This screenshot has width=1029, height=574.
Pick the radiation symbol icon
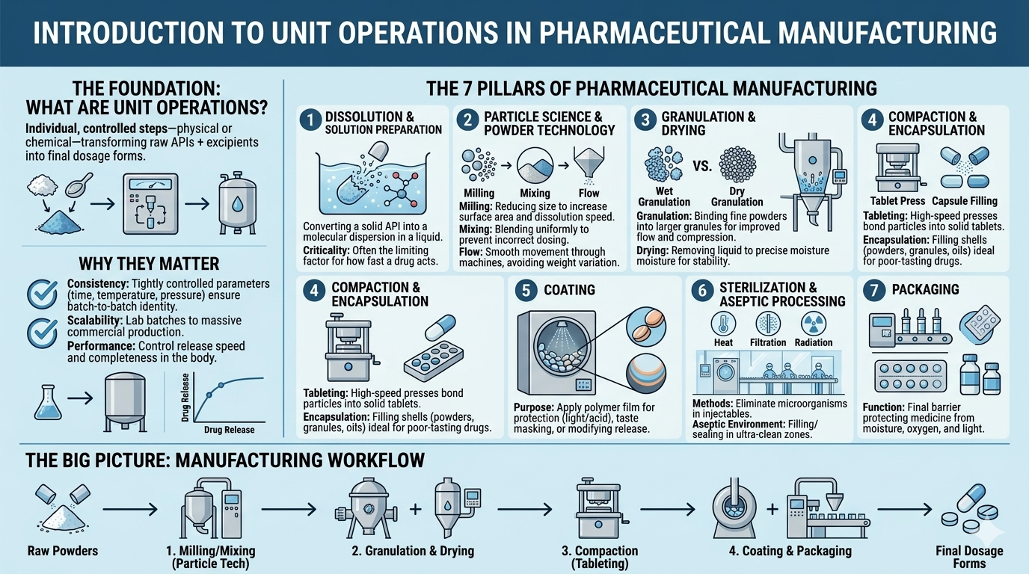(x=813, y=323)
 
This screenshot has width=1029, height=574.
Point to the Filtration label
(x=768, y=342)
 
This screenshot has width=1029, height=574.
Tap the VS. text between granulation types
(x=701, y=165)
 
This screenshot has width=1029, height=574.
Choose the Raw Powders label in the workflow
(x=63, y=552)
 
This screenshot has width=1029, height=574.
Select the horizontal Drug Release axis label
(x=230, y=430)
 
